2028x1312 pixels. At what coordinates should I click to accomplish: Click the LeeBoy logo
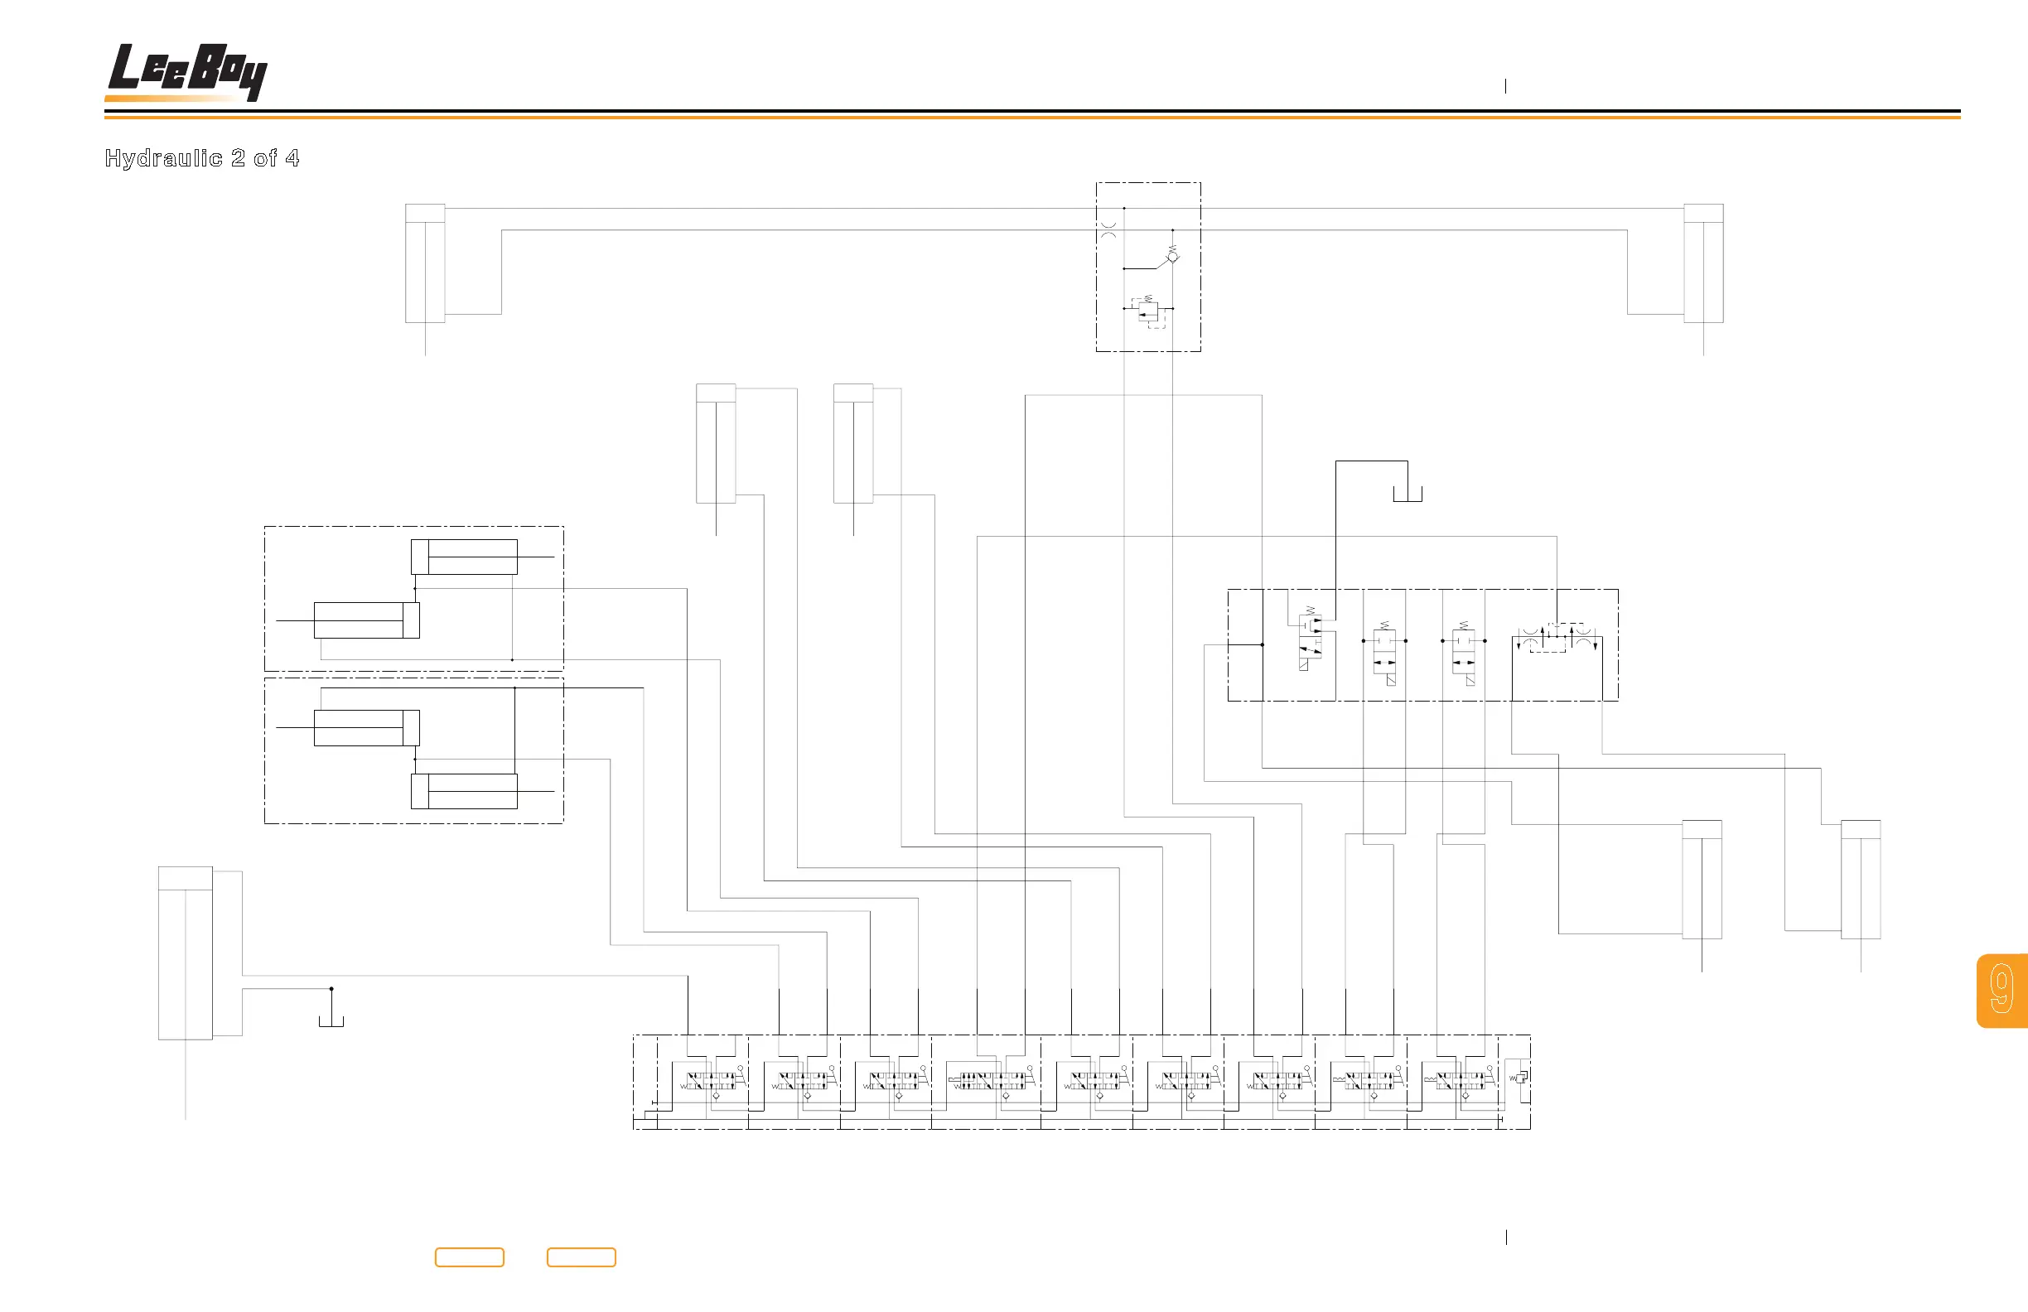coord(186,72)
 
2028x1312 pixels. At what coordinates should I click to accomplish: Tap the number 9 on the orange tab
coord(2001,990)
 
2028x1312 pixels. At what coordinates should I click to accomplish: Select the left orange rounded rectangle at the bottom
coord(470,1257)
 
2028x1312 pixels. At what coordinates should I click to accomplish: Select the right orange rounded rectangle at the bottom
coord(581,1257)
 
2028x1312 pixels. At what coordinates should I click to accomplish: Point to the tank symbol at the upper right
coord(1408,495)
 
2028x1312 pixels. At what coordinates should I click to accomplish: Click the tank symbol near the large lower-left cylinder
coord(331,1020)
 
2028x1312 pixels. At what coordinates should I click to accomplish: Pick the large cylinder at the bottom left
coord(185,953)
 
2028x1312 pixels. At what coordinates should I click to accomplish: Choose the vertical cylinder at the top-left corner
coord(425,264)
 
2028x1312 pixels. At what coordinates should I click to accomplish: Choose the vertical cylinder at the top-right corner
coord(1703,264)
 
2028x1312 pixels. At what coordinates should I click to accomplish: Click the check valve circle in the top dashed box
coord(1172,257)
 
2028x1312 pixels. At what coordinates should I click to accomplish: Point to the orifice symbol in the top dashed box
coord(1108,230)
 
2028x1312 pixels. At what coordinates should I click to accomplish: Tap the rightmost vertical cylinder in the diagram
coord(1861,879)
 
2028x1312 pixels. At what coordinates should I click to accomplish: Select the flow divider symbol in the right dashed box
coord(1557,638)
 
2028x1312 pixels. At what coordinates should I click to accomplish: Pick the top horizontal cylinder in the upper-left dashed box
coord(465,557)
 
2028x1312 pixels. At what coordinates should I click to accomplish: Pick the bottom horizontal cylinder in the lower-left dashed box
coord(465,792)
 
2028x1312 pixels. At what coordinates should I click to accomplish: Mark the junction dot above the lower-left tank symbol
coord(331,989)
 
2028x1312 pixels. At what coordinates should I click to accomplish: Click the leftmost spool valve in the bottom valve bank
coord(710,1081)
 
